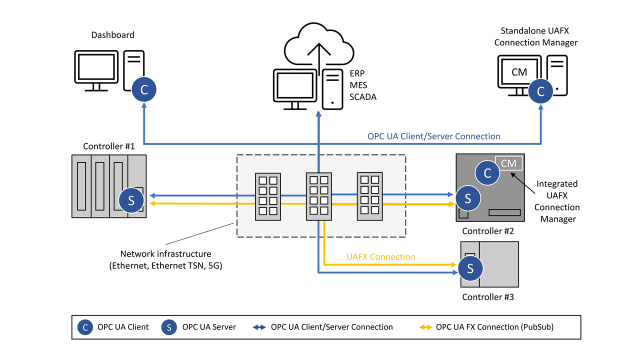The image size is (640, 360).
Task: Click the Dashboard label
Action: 112,35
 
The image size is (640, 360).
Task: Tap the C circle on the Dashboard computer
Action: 144,90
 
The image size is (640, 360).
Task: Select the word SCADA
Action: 362,97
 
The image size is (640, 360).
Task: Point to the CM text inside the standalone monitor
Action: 519,72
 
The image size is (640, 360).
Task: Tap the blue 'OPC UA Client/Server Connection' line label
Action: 433,136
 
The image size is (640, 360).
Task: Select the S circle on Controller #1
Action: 131,200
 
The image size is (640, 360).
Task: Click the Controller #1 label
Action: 108,146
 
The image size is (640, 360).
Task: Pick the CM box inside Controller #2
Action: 508,163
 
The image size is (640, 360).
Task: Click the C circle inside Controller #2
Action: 487,173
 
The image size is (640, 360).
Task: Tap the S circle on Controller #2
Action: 468,198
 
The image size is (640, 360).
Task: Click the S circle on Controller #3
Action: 470,269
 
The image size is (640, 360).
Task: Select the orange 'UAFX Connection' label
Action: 380,256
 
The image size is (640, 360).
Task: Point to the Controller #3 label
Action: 487,297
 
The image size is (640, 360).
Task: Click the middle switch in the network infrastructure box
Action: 318,196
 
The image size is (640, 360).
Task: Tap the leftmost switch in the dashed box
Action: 267,196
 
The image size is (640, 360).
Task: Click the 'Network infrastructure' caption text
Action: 165,254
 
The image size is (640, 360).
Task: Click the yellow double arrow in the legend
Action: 425,327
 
